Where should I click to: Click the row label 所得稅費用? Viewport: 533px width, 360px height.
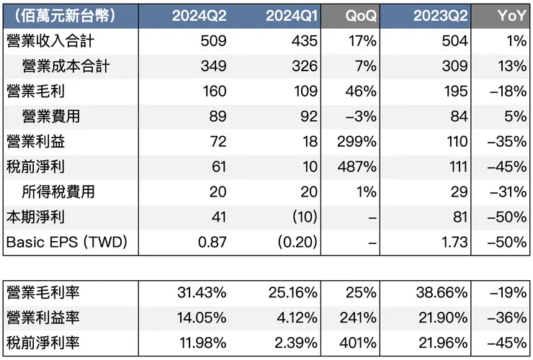(x=59, y=192)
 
